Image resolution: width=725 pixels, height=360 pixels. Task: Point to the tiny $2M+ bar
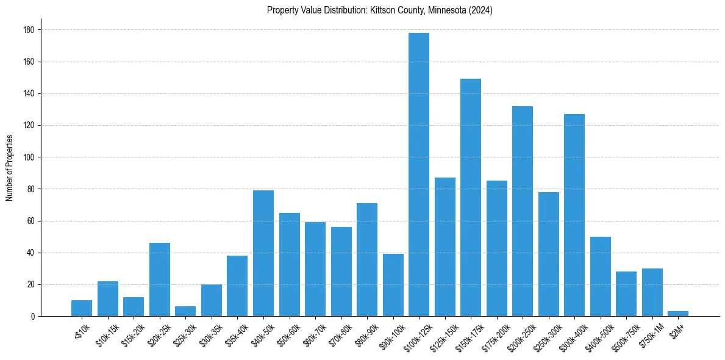(x=678, y=314)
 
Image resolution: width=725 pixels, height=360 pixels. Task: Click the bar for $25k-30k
(x=185, y=311)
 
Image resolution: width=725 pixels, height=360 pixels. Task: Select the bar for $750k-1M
(x=652, y=292)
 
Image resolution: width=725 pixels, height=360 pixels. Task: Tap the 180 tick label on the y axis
(x=29, y=30)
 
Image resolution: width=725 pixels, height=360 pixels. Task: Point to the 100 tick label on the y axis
(x=29, y=157)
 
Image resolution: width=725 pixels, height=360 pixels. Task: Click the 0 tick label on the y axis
(x=32, y=317)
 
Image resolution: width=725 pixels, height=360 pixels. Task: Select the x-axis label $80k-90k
(x=365, y=334)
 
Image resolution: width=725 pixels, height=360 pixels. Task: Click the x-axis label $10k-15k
(x=107, y=334)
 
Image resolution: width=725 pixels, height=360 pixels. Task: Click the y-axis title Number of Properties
(x=9, y=168)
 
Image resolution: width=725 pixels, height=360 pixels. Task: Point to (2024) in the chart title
(x=479, y=10)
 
